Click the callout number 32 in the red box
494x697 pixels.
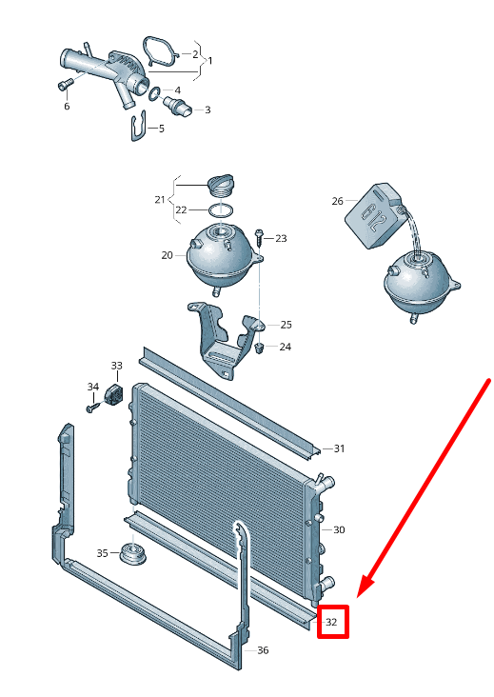[x=331, y=622]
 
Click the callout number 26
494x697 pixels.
[x=337, y=201]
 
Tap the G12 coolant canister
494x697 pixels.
[x=374, y=215]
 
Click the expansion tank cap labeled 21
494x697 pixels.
[x=220, y=186]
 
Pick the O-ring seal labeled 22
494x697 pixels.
[x=221, y=209]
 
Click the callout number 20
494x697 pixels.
[x=167, y=255]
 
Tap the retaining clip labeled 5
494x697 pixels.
[x=139, y=127]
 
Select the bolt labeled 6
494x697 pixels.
[x=65, y=84]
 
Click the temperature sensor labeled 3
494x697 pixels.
[x=178, y=107]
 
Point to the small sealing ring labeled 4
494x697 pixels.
[x=154, y=94]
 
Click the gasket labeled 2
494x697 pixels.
[x=160, y=51]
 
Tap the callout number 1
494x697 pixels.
[x=210, y=60]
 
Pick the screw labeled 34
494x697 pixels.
[x=92, y=408]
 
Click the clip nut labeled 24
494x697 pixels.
[x=261, y=348]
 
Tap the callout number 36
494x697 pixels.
[x=263, y=650]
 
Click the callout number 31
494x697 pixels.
[x=339, y=448]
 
